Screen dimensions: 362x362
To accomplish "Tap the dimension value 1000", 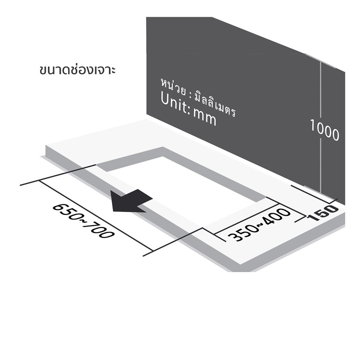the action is tap(324, 130).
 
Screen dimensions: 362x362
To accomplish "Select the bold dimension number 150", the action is tap(323, 212).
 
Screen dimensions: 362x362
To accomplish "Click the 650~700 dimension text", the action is tap(84, 221).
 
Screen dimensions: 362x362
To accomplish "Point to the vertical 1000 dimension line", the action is tap(321, 127).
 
